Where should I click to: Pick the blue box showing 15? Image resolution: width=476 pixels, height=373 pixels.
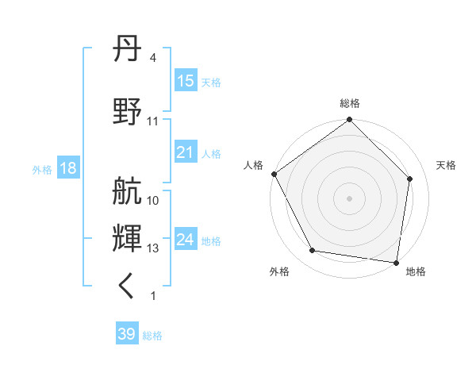186,81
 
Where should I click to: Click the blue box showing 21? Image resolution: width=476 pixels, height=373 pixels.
186,152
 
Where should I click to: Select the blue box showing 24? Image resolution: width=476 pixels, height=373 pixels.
186,240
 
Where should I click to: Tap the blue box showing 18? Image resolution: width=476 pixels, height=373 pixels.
67,168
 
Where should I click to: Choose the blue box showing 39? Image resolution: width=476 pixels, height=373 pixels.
127,334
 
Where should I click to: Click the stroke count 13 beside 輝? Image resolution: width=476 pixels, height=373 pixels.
153,248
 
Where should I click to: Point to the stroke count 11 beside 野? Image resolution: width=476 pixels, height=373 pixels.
153,121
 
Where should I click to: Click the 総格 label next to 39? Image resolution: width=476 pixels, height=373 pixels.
152,336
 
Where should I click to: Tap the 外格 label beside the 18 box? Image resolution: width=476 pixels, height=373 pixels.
42,169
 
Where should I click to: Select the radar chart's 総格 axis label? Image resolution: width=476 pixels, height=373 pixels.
350,103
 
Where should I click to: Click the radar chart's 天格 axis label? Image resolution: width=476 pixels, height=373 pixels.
446,165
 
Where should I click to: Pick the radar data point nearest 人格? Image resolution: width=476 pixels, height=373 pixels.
274,174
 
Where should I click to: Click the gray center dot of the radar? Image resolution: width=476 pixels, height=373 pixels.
350,198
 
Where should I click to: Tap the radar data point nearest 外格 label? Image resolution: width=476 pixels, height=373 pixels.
313,251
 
